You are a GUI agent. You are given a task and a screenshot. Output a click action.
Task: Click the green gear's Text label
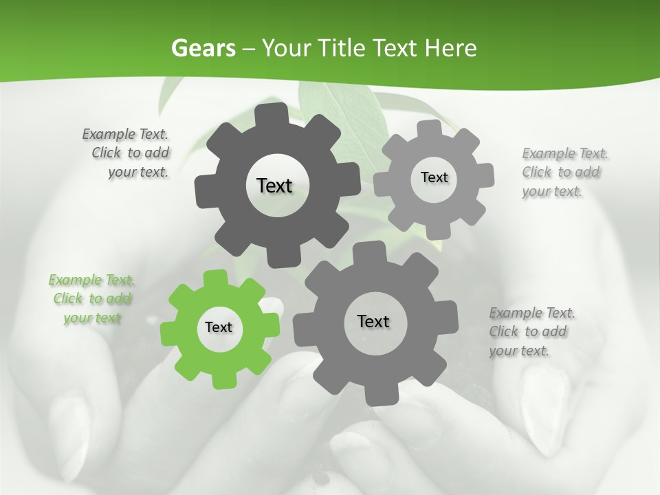click(x=219, y=328)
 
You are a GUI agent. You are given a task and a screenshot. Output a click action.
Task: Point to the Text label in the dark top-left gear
click(x=274, y=186)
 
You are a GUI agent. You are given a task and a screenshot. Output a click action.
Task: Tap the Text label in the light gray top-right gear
click(x=434, y=177)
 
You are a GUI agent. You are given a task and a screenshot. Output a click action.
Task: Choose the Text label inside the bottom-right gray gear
click(x=373, y=321)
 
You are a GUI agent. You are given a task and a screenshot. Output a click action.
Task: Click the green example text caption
click(x=91, y=298)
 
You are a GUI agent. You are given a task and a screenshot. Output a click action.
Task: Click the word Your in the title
click(x=283, y=48)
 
